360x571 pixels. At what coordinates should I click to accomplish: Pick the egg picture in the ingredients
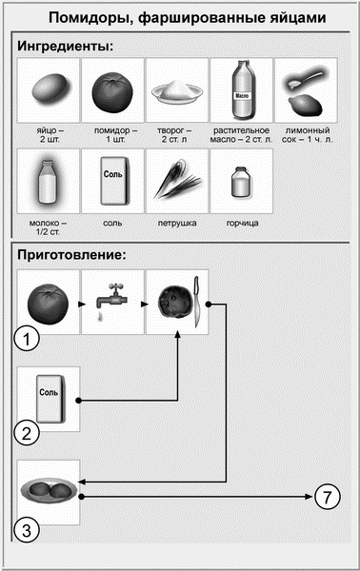point(47,89)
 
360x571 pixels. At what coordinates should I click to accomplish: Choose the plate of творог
point(175,91)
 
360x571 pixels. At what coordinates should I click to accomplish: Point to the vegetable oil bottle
point(240,89)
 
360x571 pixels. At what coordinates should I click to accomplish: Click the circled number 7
point(326,496)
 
